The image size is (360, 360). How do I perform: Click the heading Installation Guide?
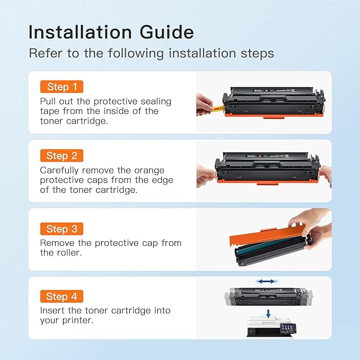coord(111,32)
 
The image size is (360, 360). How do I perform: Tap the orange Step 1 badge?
coord(62,87)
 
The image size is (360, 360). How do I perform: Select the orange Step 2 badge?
coord(62,155)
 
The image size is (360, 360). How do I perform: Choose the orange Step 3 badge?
coord(62,229)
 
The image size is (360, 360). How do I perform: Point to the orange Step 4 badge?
coord(62,296)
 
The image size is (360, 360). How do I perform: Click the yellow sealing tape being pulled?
coord(218,110)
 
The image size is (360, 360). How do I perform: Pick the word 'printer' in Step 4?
coord(77,320)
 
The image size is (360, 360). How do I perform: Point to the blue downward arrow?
coord(268,314)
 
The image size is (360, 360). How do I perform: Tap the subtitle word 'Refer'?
coord(43,53)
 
